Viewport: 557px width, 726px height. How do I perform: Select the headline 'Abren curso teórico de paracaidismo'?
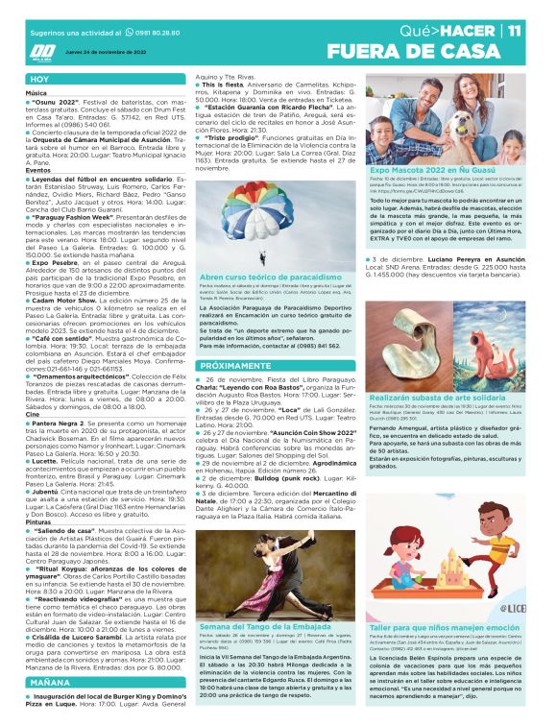click(258, 277)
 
